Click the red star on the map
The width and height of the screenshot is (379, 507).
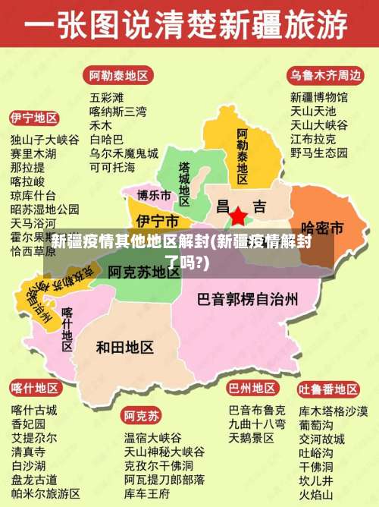[x=238, y=216]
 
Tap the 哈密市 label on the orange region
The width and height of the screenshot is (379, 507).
[x=322, y=227]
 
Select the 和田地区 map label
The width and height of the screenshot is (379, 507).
[x=125, y=347]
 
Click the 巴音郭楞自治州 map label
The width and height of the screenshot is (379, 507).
[x=247, y=298]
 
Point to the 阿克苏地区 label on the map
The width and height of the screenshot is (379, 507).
[x=143, y=271]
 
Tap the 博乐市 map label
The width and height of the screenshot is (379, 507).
[x=154, y=196]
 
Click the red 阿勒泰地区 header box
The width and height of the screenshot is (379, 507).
[x=119, y=75]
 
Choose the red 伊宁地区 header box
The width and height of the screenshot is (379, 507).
[x=34, y=119]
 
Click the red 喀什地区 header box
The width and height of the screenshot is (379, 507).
[x=34, y=389]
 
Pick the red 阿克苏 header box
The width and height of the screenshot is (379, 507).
[x=142, y=416]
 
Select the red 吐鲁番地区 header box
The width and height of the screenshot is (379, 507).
[x=327, y=389]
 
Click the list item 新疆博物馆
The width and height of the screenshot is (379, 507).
[x=319, y=97]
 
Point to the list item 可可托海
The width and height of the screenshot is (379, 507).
[x=112, y=166]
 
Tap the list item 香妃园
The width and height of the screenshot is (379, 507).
[x=28, y=424]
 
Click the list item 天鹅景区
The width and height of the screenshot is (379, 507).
[x=252, y=438]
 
